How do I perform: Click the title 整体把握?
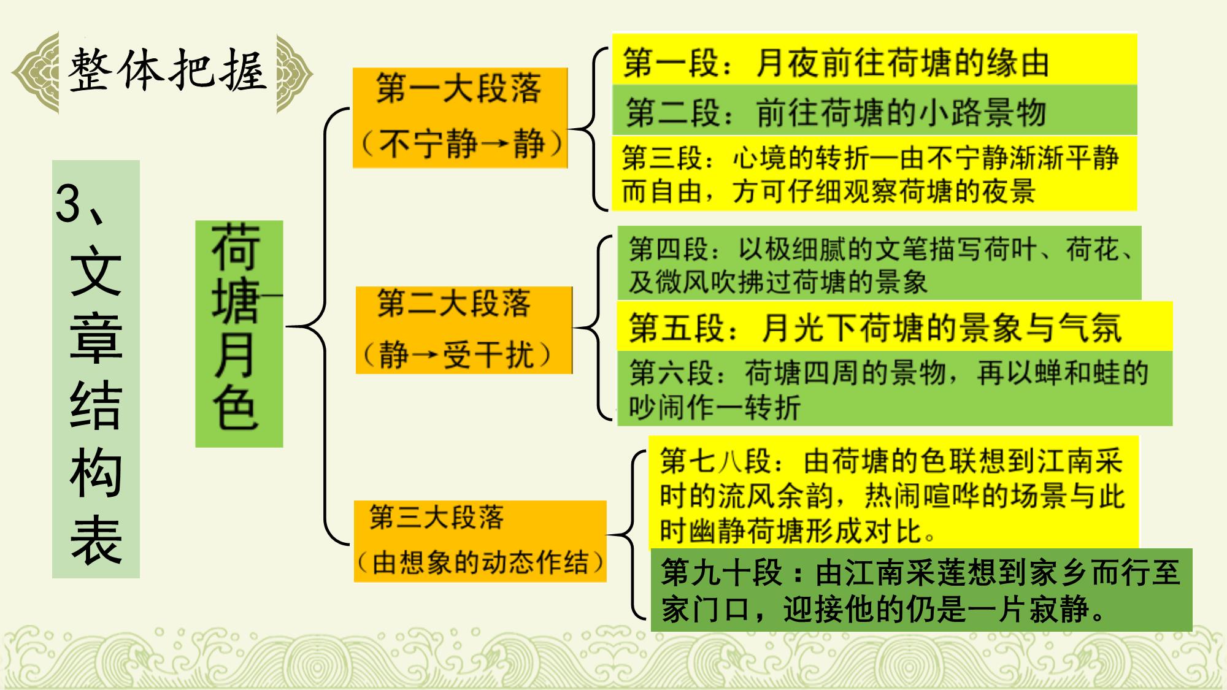[167, 71]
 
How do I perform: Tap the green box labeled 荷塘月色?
[239, 334]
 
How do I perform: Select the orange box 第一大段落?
[460, 118]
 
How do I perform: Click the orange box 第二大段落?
[464, 330]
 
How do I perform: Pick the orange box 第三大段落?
[480, 541]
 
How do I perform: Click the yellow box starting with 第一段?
[874, 60]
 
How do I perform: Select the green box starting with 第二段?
[874, 110]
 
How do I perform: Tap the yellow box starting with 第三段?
[874, 174]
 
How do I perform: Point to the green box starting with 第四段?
[879, 263]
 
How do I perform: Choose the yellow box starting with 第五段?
[894, 326]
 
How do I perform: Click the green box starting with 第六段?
[894, 388]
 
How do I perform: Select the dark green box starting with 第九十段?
[921, 590]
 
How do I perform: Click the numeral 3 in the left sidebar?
[68, 203]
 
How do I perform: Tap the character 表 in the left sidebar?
[96, 539]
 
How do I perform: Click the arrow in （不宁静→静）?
[494, 144]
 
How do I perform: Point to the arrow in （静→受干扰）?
[425, 355]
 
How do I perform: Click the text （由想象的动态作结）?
[480, 562]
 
